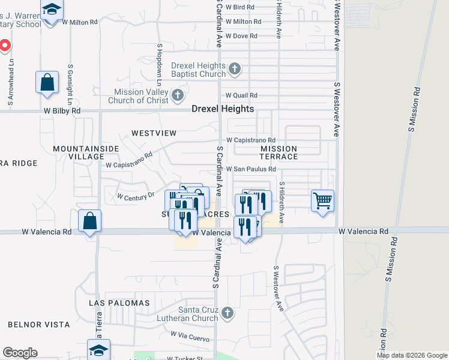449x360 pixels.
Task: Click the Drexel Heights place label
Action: coord(223,109)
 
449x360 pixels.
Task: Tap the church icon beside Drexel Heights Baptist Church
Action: coord(235,69)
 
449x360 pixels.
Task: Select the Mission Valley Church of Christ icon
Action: coord(177,95)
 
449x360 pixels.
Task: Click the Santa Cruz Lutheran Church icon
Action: coord(227,312)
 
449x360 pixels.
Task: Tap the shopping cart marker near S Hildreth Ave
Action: coord(323,200)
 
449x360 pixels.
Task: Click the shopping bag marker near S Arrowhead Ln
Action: coord(47,82)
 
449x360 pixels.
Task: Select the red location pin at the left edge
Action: coord(4,45)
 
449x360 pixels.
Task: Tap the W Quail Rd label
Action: coord(241,95)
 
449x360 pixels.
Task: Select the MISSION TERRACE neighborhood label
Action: coord(279,152)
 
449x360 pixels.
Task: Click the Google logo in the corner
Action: coord(20,353)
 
